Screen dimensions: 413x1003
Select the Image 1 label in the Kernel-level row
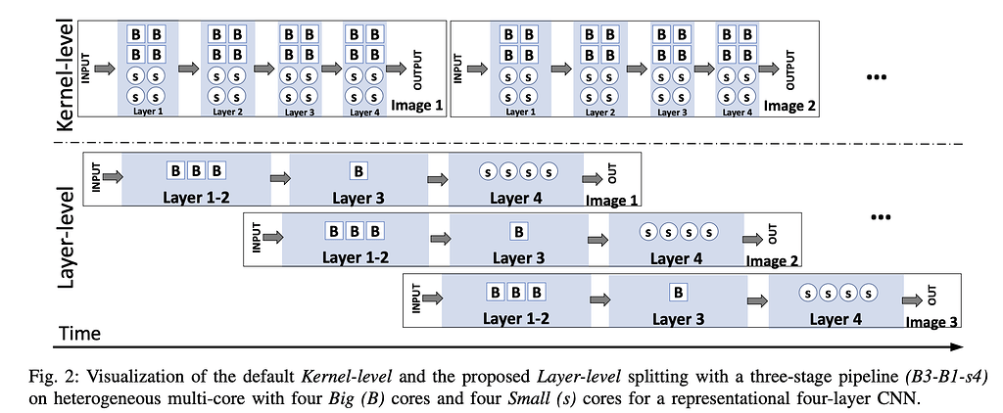click(x=417, y=105)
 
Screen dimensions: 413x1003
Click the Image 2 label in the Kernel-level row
click(x=790, y=105)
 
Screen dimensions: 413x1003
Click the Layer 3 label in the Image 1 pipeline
click(x=358, y=199)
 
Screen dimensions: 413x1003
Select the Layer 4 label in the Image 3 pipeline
click(x=836, y=318)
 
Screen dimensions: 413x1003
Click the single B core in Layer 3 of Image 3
click(x=678, y=292)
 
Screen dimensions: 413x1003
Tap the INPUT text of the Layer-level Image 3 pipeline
click(x=416, y=297)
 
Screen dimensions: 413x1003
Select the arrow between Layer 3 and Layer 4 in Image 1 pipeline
click(x=435, y=179)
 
